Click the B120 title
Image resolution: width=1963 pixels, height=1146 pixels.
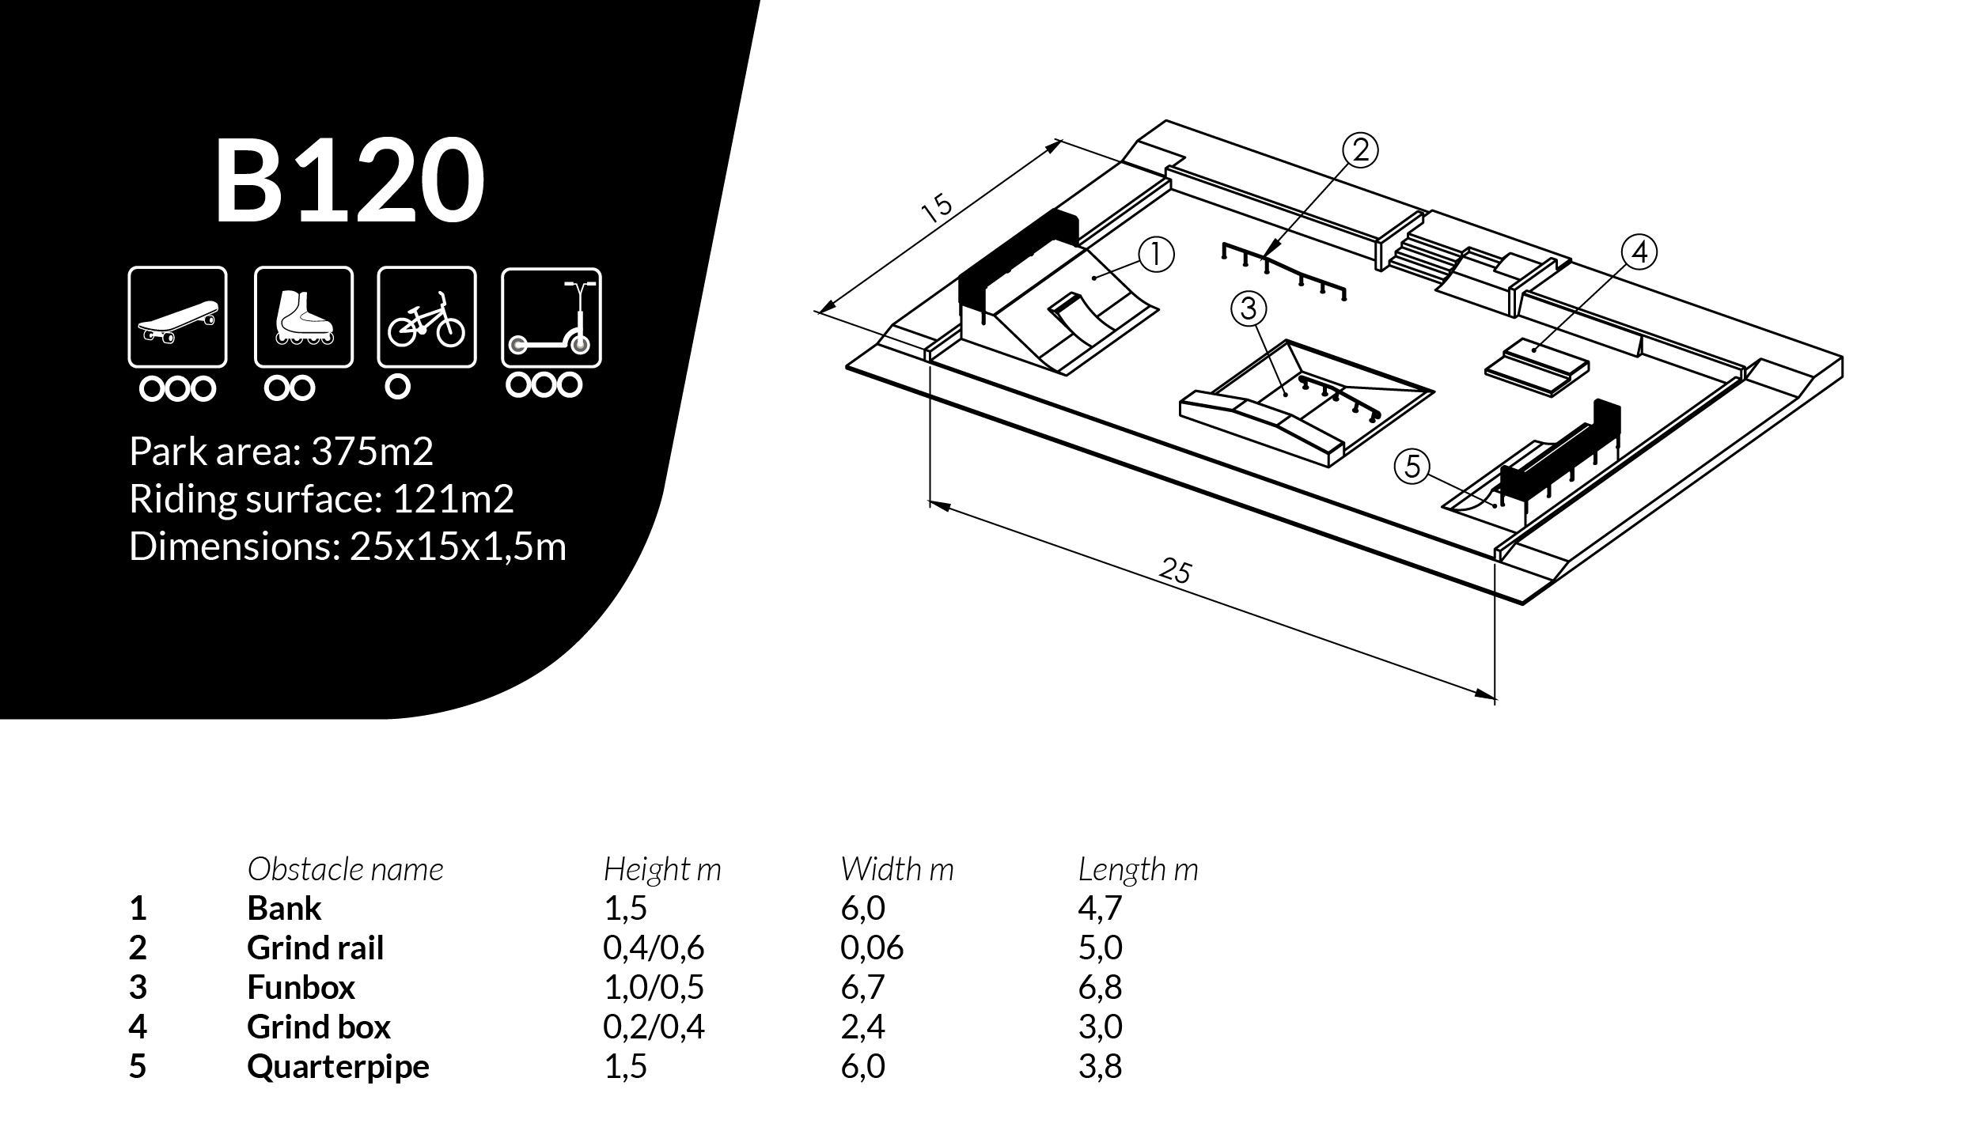[x=349, y=181]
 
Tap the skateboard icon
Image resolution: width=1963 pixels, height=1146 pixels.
[x=177, y=317]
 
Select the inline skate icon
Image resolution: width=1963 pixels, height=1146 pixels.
[x=304, y=317]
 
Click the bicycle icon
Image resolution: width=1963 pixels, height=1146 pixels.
[x=427, y=317]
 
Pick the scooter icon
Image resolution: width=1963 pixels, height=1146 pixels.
[x=551, y=317]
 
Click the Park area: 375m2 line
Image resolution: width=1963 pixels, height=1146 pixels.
[x=282, y=452]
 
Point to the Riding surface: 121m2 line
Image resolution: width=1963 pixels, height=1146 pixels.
[x=322, y=499]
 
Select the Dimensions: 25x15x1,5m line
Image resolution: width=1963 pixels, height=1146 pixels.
[x=348, y=547]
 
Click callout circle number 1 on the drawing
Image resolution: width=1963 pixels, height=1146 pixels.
[x=1157, y=255]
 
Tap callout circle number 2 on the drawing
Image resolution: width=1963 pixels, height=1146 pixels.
[x=1361, y=150]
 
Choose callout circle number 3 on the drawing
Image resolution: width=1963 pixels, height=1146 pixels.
[x=1249, y=308]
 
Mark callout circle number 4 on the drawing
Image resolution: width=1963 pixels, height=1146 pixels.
[x=1639, y=252]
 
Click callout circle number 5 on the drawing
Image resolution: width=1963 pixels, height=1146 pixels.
[x=1413, y=467]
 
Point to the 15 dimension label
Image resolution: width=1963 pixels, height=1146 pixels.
[x=938, y=208]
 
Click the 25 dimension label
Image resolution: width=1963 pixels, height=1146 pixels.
[x=1176, y=570]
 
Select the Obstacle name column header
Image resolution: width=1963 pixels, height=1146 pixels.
[x=345, y=870]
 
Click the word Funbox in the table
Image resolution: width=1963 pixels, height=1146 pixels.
[x=301, y=987]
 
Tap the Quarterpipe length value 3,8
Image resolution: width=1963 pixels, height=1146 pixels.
[x=1100, y=1067]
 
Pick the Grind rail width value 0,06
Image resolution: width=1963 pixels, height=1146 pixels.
[x=872, y=948]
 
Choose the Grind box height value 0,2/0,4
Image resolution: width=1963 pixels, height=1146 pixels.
[x=654, y=1027]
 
